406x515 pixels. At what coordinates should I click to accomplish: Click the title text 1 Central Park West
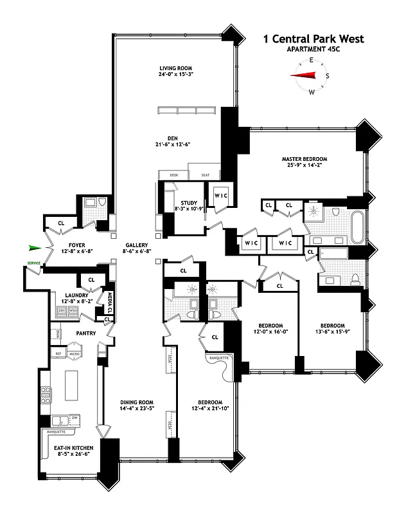click(313, 39)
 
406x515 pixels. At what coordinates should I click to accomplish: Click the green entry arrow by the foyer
click(35, 247)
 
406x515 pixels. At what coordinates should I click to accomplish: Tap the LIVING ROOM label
click(176, 68)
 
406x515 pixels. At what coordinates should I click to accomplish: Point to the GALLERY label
click(137, 245)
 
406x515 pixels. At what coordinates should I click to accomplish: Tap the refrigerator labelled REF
click(57, 355)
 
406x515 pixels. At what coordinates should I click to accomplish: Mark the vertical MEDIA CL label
click(110, 301)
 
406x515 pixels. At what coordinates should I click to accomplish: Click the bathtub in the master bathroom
click(357, 227)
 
